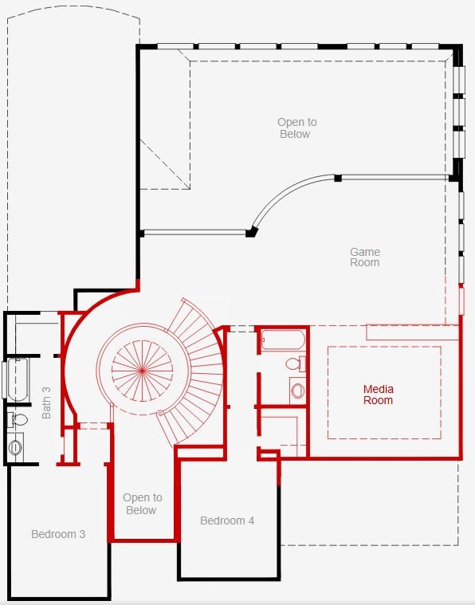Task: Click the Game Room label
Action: [365, 257]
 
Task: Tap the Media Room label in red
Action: [378, 395]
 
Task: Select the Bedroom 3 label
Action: [58, 534]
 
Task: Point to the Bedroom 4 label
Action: [227, 521]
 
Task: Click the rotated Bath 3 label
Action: [46, 403]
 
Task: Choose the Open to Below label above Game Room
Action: [296, 128]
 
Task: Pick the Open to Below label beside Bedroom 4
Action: [143, 504]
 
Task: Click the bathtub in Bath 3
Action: [18, 379]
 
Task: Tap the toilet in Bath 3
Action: [18, 420]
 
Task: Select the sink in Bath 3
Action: [15, 447]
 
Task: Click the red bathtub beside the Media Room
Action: [283, 340]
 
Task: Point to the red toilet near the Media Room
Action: [295, 363]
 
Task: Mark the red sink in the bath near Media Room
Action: [297, 391]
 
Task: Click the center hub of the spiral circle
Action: [143, 371]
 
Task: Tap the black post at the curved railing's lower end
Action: [251, 232]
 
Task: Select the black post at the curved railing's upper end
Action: [338, 178]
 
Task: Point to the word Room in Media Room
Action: [378, 400]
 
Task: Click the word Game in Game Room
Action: [365, 252]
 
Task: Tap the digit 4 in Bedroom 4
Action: [251, 521]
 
